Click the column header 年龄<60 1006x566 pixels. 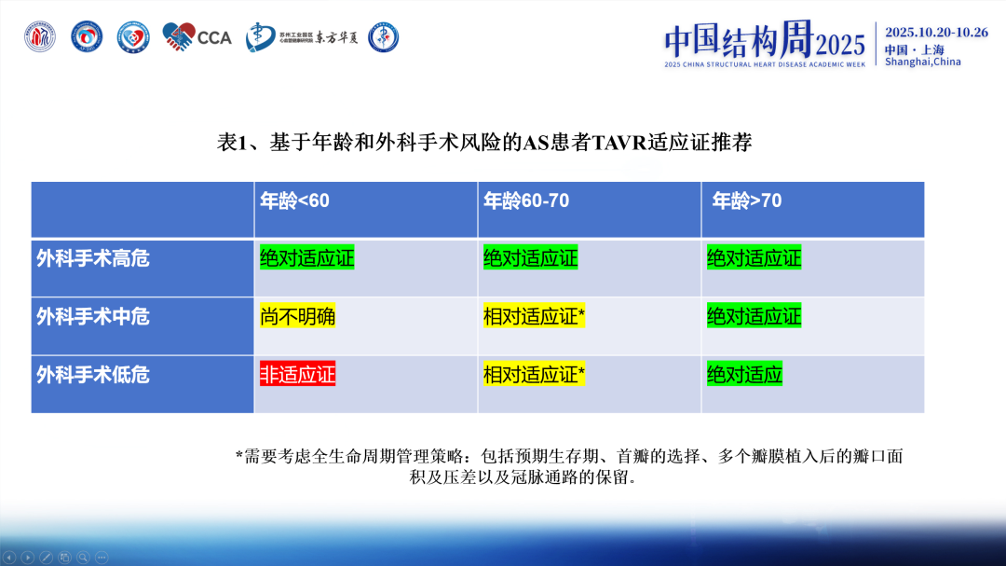293,200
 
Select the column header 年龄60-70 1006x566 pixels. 525,200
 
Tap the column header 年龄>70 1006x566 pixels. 746,200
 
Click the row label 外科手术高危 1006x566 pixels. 92,258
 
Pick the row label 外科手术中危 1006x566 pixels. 92,316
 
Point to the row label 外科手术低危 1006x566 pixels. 92,375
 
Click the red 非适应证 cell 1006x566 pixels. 297,375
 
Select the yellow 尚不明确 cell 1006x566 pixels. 297,316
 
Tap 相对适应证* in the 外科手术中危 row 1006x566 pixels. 534,316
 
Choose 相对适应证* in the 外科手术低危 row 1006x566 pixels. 534,375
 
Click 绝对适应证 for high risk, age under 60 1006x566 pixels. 306,258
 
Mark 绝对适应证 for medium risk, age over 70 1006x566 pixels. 754,316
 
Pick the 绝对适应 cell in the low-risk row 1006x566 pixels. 744,375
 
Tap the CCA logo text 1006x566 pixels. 215,37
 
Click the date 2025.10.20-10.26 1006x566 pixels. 936,32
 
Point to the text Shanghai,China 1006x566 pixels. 922,62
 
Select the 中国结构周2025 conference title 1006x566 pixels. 765,40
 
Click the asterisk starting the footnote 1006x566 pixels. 239,457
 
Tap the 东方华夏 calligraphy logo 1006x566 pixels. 337,37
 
